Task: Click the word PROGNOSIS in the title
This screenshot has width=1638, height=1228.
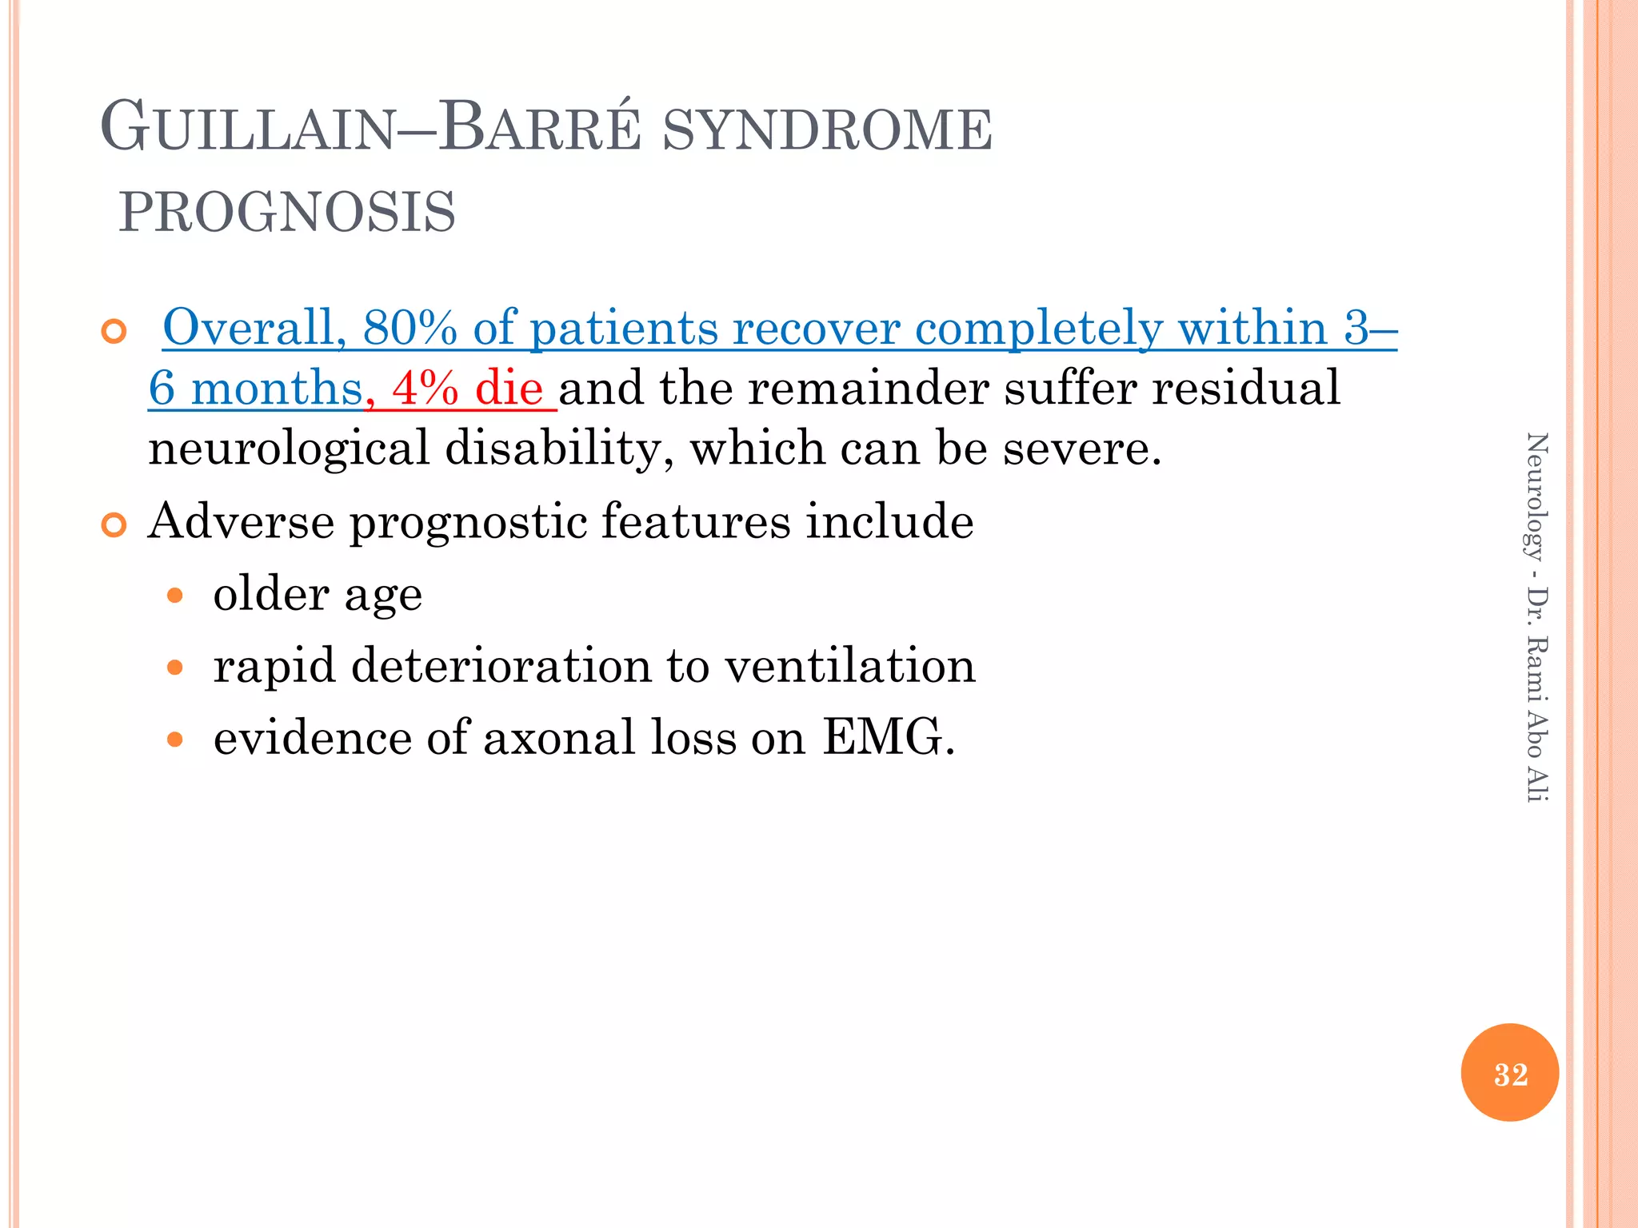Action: pos(287,213)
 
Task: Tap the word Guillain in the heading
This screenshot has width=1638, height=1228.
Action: pos(248,128)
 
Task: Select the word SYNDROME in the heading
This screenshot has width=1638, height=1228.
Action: pos(828,130)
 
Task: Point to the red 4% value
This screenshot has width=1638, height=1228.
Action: pos(425,389)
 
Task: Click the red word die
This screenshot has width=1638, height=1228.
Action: pos(509,389)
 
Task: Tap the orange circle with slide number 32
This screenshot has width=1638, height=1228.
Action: pos(1509,1073)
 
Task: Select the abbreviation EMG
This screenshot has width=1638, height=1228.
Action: pos(888,736)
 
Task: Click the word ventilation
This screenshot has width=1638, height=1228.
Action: pos(850,665)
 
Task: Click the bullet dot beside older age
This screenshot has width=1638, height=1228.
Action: pos(175,596)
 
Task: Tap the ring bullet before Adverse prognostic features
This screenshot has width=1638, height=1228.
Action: pos(114,525)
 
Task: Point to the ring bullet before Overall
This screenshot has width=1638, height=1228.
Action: pos(114,331)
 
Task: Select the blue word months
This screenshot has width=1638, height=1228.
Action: pos(277,389)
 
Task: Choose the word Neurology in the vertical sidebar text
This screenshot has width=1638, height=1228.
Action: pos(1536,496)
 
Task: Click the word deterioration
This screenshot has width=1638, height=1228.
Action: pos(501,665)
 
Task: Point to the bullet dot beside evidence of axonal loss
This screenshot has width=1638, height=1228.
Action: pos(175,740)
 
